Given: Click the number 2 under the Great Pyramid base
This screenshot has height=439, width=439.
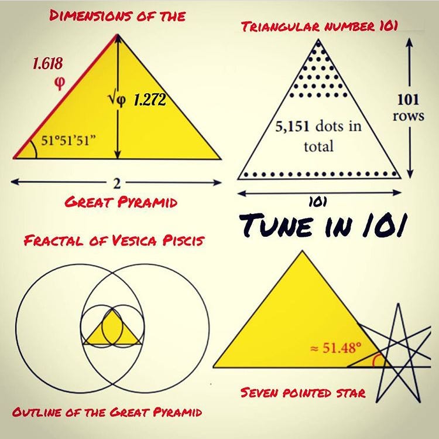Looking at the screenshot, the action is tap(116, 183).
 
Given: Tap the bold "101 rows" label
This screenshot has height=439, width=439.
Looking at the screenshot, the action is tap(409, 107).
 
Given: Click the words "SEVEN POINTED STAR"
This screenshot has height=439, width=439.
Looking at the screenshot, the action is tap(303, 392).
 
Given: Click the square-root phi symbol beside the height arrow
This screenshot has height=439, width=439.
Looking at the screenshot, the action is tap(117, 100).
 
